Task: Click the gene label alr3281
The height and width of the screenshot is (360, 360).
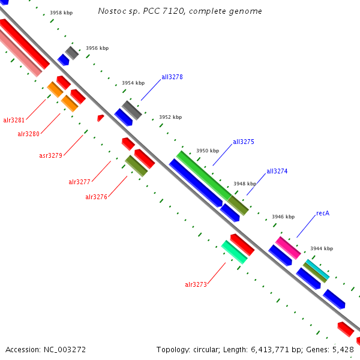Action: (x=14, y=120)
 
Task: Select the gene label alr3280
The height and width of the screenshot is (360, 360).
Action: (x=28, y=134)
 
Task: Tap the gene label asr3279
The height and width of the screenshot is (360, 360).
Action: (x=51, y=155)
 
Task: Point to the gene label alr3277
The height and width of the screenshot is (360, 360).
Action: (x=79, y=182)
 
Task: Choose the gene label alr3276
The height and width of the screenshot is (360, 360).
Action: (x=96, y=197)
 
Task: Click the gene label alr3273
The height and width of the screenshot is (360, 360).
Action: (x=196, y=284)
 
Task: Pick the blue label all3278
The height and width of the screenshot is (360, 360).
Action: (x=172, y=77)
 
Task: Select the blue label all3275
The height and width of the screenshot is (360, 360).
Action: (x=244, y=142)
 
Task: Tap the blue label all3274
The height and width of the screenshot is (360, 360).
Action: (x=277, y=171)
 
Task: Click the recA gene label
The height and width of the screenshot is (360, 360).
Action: (x=323, y=213)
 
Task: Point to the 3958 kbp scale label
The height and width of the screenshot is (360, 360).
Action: (x=61, y=12)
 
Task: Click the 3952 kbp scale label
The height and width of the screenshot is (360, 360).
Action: (x=170, y=118)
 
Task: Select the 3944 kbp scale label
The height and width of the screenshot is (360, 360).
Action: (x=322, y=248)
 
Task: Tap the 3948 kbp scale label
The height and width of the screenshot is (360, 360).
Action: (x=245, y=184)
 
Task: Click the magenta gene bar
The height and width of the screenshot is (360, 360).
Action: (x=288, y=248)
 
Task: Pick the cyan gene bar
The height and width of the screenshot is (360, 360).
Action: (x=317, y=271)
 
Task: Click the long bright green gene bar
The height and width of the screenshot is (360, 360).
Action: (x=203, y=175)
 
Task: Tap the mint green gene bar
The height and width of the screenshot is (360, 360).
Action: (x=234, y=252)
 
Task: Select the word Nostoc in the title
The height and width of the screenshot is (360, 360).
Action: (x=109, y=11)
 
